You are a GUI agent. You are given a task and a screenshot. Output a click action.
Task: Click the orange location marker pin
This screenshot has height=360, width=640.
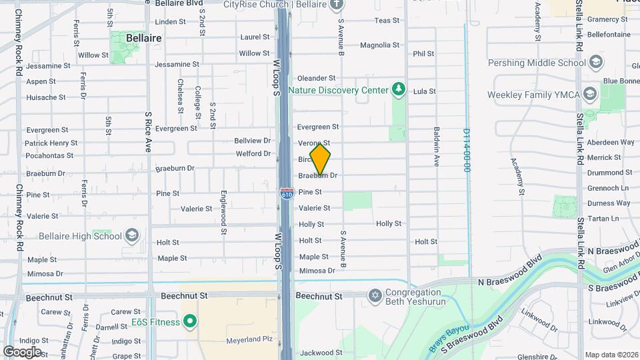(x=320, y=159)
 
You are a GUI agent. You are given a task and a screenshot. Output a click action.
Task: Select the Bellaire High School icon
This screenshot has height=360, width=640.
(x=132, y=235)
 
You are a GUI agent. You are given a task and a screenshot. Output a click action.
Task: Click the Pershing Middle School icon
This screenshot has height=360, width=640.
(x=595, y=63)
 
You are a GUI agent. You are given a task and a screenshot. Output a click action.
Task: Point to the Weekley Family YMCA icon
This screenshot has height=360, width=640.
(x=589, y=95)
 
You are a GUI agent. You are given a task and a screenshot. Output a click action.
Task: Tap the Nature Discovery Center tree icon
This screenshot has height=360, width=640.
(x=399, y=89)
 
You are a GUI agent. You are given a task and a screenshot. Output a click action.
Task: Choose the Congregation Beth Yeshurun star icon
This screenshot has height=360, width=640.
(x=375, y=295)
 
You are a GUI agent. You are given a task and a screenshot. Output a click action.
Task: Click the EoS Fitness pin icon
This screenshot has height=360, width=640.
(x=190, y=322)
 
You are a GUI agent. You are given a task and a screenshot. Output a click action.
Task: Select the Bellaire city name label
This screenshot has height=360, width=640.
(x=143, y=39)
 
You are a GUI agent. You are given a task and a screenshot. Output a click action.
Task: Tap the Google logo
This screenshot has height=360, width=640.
(x=22, y=351)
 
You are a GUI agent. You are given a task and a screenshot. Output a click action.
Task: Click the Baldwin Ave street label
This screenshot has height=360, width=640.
(x=437, y=147)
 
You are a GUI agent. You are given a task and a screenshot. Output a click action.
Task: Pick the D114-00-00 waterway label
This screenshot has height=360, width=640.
(x=467, y=151)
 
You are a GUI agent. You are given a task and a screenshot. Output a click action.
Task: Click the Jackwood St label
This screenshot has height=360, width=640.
(x=321, y=353)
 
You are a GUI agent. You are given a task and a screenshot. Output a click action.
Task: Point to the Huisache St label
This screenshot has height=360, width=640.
(x=46, y=97)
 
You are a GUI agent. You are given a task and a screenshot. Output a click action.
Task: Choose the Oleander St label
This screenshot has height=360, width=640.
(x=320, y=78)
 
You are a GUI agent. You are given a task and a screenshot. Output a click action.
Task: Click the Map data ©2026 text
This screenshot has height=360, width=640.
(x=611, y=355)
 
